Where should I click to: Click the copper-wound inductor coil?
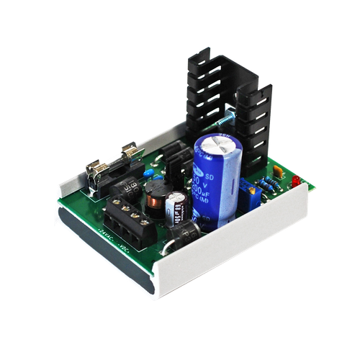point(158,199)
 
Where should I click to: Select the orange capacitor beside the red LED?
point(277,172)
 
